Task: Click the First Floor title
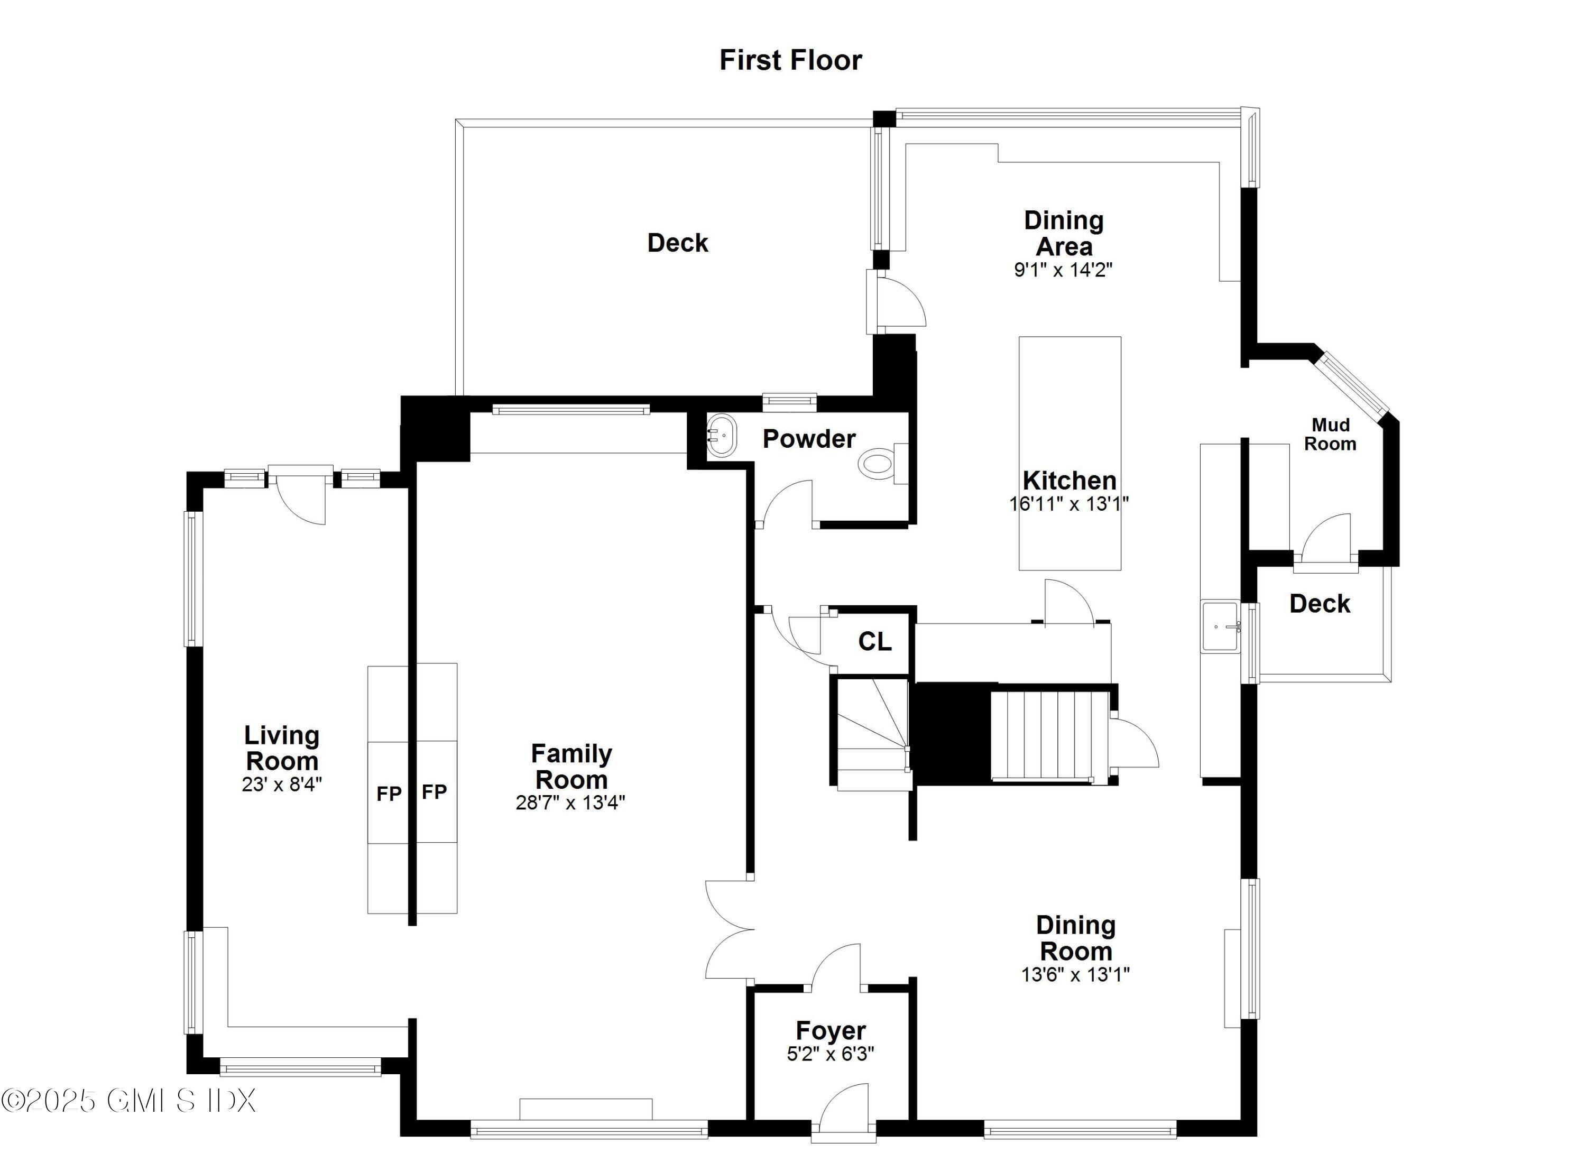[x=790, y=60]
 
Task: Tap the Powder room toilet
[x=878, y=463]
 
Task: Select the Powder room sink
[x=721, y=436]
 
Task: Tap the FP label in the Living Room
[x=389, y=794]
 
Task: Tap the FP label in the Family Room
[x=434, y=791]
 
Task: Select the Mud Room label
[x=1330, y=434]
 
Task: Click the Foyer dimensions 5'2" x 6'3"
[x=830, y=1054]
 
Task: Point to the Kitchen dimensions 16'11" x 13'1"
[x=1068, y=503]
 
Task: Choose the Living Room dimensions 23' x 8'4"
[x=282, y=785]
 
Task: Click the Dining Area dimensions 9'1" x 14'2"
[x=1063, y=270]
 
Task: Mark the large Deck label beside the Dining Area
[x=677, y=243]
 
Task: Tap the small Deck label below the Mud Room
[x=1319, y=603]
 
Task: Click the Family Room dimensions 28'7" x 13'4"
[x=570, y=803]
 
